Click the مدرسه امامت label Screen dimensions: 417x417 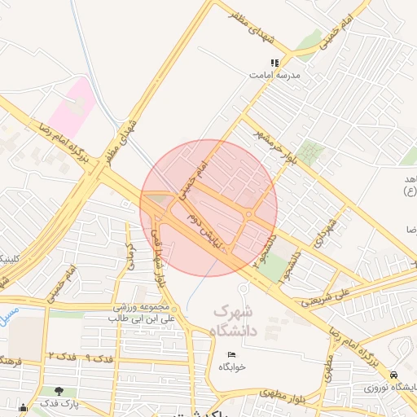[x=275, y=75]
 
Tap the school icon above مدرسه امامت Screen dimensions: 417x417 [x=275, y=62]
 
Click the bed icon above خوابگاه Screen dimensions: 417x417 [x=232, y=354]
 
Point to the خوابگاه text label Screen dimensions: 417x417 [x=232, y=367]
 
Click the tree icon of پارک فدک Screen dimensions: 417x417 [x=59, y=391]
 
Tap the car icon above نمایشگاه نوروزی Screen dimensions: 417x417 [x=394, y=375]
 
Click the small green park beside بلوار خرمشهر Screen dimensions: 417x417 [x=309, y=152]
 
